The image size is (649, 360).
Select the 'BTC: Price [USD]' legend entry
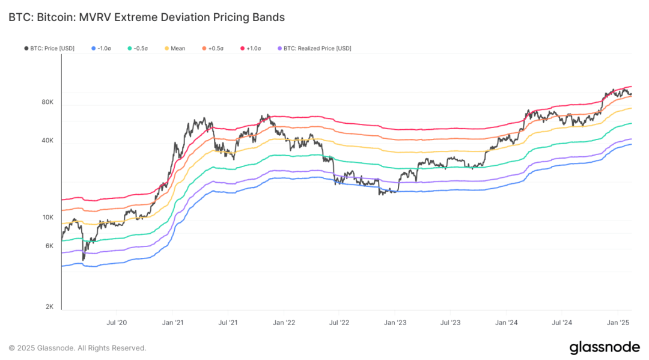(49, 48)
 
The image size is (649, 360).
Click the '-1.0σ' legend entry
(102, 48)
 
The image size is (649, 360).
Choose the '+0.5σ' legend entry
(213, 48)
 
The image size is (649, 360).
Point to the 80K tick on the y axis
(47, 102)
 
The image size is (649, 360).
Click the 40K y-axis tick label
(47, 141)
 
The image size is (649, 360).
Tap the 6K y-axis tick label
(49, 246)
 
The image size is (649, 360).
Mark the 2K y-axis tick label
(49, 307)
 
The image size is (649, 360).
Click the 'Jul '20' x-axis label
(116, 323)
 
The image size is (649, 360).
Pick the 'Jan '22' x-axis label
(283, 323)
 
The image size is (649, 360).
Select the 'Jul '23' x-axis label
(450, 323)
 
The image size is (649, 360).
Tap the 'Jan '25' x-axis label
(617, 323)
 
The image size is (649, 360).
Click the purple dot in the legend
(278, 48)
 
